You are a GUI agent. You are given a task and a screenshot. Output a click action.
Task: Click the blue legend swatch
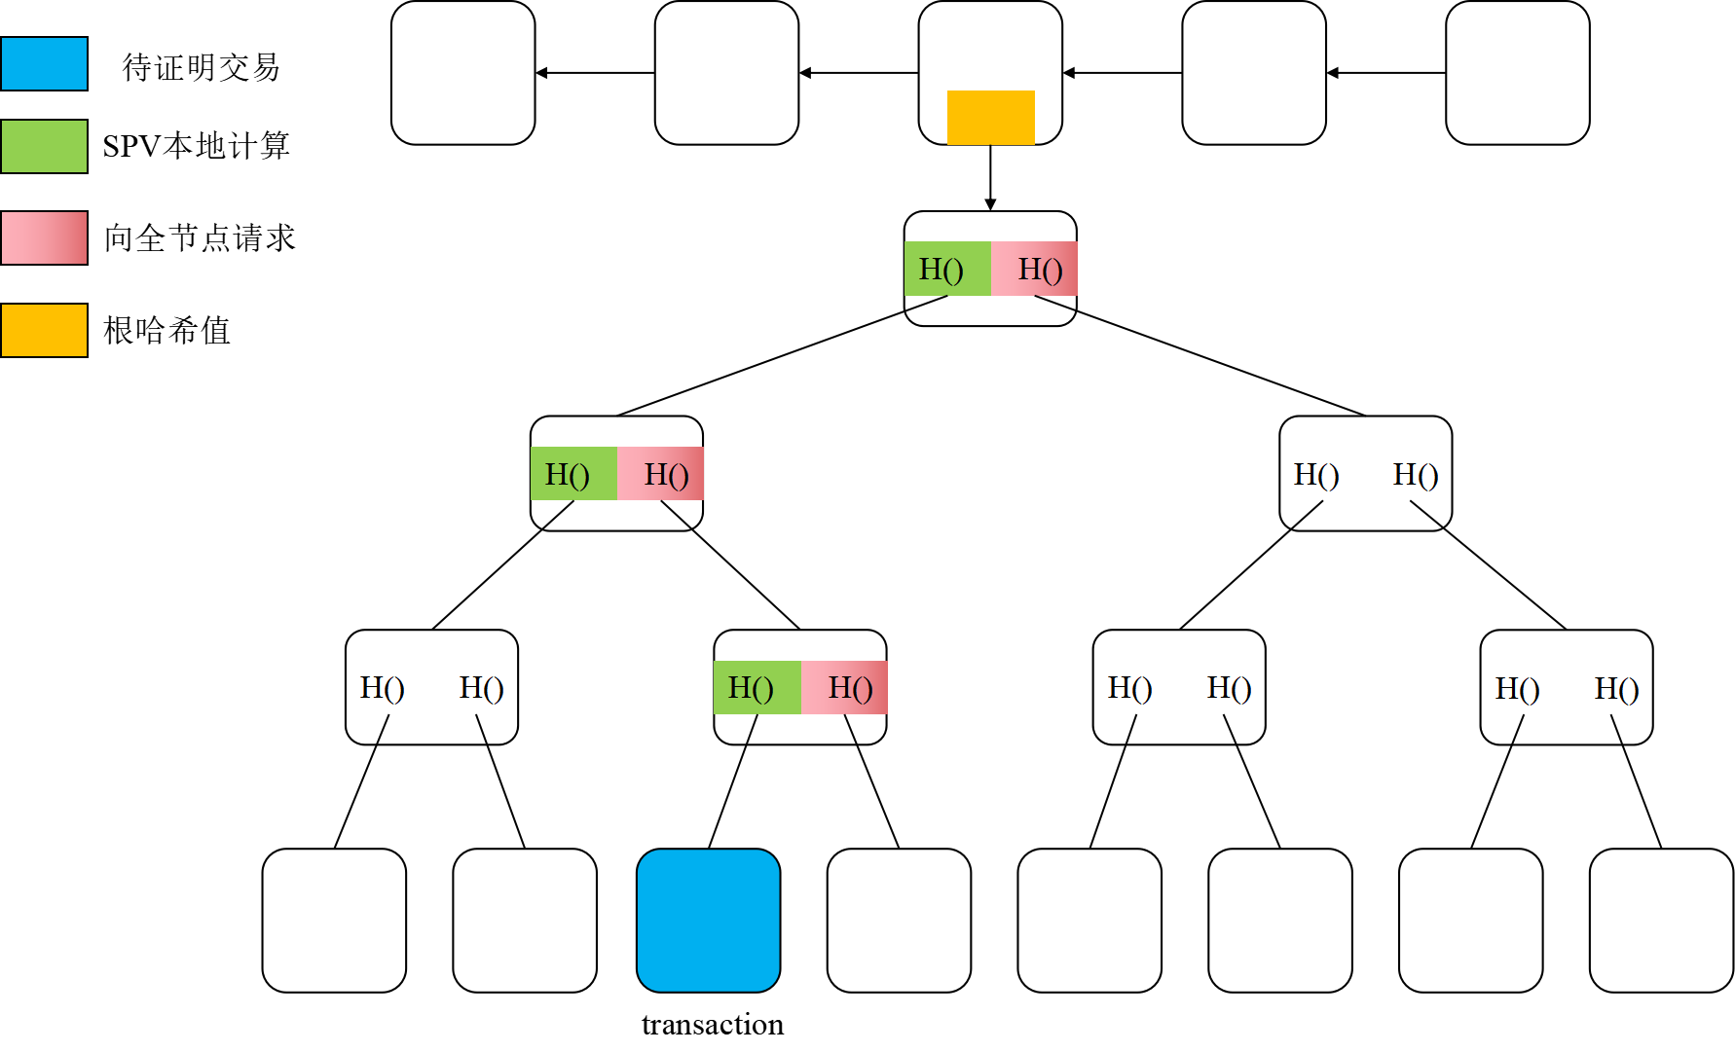click(44, 63)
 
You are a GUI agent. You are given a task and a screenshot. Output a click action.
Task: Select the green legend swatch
click(44, 146)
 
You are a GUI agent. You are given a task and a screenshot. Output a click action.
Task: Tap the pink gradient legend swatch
click(44, 237)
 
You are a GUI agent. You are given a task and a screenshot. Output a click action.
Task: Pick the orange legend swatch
click(44, 330)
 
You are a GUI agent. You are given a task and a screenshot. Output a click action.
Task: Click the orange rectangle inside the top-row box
click(990, 117)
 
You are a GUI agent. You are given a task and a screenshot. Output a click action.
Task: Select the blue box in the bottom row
click(708, 920)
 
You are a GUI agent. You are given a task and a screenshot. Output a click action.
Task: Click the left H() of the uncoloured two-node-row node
click(1316, 475)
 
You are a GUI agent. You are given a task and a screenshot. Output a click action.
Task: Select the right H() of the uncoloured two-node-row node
click(1416, 475)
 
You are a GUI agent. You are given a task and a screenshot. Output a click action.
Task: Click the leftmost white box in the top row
click(462, 73)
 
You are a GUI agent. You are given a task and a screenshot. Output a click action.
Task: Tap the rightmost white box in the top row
click(1517, 73)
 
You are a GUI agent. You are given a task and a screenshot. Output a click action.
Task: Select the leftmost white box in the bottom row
click(334, 920)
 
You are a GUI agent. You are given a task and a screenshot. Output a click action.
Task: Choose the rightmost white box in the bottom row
click(1661, 920)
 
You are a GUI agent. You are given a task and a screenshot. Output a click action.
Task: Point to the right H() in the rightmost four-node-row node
click(1616, 689)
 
